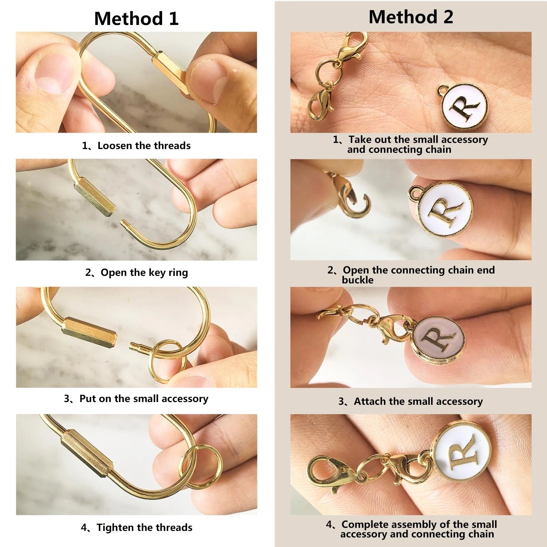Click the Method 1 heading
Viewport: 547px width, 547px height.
pos(136,18)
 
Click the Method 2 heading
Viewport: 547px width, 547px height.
pos(411,17)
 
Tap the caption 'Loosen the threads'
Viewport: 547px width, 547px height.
pos(144,146)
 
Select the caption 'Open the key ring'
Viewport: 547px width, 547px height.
pos(144,272)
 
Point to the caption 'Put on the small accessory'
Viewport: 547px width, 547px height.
pos(144,399)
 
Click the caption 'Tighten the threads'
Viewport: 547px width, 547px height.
pos(145,528)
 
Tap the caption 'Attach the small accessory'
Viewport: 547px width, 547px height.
pos(418,401)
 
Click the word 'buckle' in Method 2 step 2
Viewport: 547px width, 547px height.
pos(358,280)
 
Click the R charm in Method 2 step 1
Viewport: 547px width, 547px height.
pos(463,106)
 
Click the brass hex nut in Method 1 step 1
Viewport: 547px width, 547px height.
pos(170,72)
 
